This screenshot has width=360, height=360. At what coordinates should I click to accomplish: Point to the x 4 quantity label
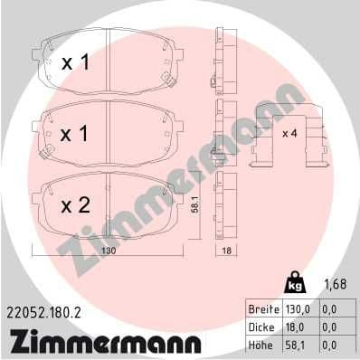pyautogui.click(x=289, y=133)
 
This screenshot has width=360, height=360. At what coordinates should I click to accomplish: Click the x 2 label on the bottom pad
pyautogui.click(x=75, y=205)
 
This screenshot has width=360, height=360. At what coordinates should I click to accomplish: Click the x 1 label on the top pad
pyautogui.click(x=75, y=63)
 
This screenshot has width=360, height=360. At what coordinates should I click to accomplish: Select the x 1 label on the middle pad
pyautogui.click(x=75, y=133)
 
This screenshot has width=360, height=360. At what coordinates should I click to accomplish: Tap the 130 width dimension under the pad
pyautogui.click(x=108, y=252)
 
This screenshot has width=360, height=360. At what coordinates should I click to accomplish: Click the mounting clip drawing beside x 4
pyautogui.click(x=289, y=136)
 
